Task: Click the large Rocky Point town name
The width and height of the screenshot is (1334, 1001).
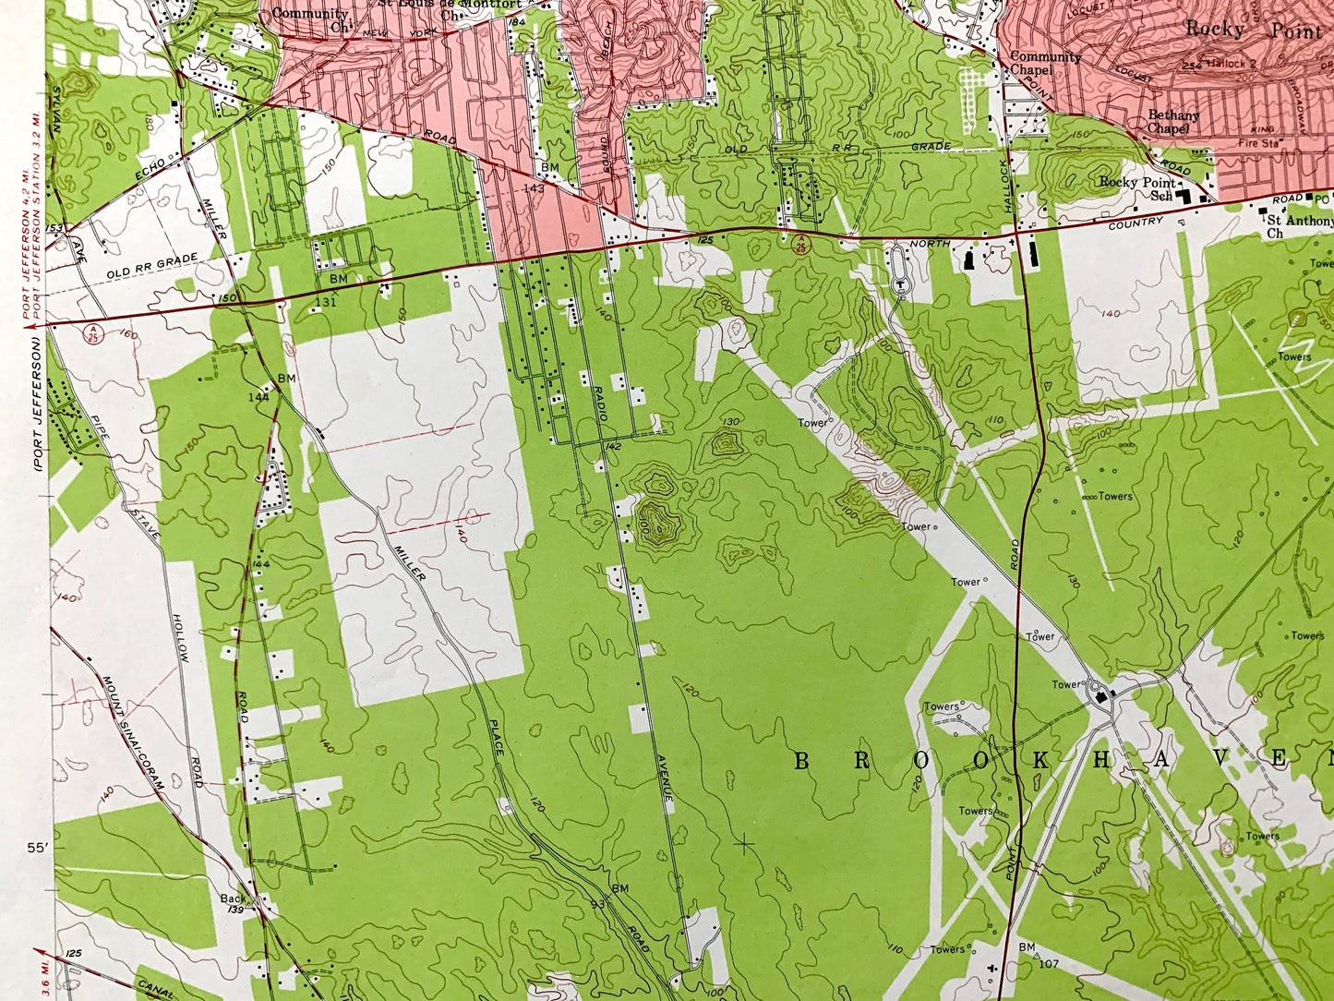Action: pos(1253,29)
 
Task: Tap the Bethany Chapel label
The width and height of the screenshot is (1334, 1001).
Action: pos(1173,122)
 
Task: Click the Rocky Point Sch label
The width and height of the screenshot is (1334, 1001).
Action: pos(1137,188)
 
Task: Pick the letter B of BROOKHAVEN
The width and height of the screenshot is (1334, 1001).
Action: pos(801,760)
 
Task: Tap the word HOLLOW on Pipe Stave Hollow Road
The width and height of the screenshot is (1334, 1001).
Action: pos(183,642)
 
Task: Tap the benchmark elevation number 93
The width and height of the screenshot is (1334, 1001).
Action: pos(597,903)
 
